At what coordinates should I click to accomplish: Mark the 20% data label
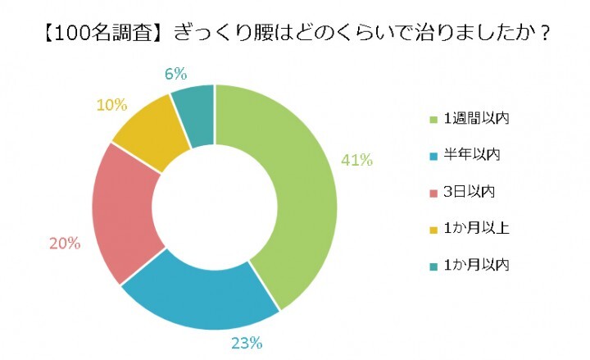point(64,244)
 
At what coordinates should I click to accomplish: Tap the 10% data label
point(111,104)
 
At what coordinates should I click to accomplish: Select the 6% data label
point(175,74)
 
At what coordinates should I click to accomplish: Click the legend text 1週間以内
point(477,120)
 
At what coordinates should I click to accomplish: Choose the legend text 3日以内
point(470,192)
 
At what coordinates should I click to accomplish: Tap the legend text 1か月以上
point(477,228)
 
